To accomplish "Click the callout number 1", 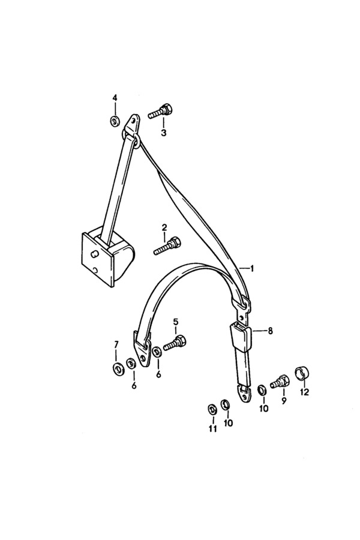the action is [252, 268].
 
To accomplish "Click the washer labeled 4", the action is [115, 121].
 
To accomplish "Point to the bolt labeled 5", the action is [175, 343].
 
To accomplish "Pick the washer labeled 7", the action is [119, 369].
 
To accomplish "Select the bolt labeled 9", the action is [280, 381].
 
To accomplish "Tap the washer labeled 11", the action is [212, 409].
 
